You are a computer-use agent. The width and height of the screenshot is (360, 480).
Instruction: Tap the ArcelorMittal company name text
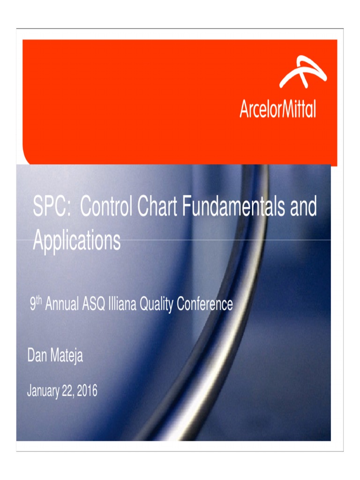coord(277,110)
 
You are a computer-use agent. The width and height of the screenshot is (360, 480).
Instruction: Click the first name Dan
coord(37,356)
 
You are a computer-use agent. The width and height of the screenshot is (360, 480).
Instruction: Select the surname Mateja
coord(66,356)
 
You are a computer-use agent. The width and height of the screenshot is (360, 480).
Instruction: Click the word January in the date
coord(43,390)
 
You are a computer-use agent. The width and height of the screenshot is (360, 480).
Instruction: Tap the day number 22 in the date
coord(68,390)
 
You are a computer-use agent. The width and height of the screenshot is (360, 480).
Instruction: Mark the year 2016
coord(87,390)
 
